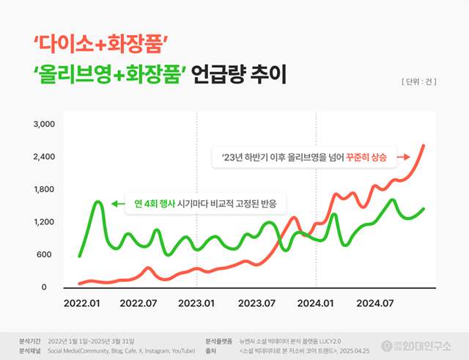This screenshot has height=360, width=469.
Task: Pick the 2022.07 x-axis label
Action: [x=139, y=301]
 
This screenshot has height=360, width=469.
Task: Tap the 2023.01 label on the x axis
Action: [x=196, y=301]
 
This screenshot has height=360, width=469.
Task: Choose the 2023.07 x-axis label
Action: [x=256, y=301]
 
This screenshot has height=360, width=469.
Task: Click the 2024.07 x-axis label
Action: [x=375, y=301]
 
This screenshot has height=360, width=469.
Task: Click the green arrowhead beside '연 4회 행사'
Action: [x=114, y=202]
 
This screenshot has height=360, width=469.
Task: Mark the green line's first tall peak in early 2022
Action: [x=97, y=202]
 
